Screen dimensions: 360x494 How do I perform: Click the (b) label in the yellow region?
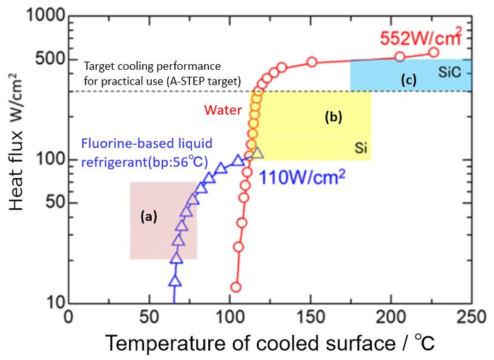tap(332, 117)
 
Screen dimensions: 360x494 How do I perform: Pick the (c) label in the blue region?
tap(408, 80)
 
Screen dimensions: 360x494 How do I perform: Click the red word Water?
tap(223, 110)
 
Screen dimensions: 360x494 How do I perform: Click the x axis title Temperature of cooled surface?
tap(270, 343)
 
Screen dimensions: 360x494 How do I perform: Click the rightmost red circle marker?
tap(434, 52)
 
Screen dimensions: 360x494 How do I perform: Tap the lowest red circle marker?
tap(236, 287)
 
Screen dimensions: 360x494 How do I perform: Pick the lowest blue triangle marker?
tap(175, 281)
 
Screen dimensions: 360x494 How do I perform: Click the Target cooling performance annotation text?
tap(163, 74)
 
